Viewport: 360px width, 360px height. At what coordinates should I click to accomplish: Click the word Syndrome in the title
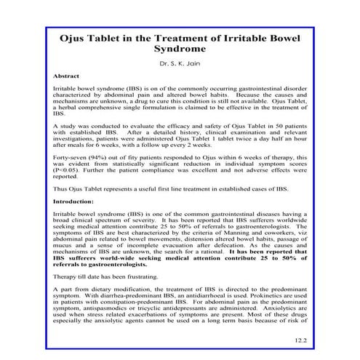180,50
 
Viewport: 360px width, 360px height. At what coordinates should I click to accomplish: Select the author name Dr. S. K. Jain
180,64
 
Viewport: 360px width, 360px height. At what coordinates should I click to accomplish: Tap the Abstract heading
66,76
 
